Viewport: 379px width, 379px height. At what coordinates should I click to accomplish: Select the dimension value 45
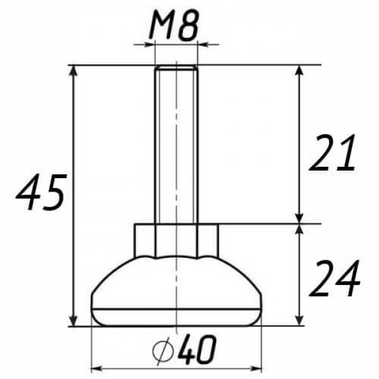pyautogui.click(x=40, y=192)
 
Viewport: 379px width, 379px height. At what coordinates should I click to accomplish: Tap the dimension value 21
pyautogui.click(x=332, y=153)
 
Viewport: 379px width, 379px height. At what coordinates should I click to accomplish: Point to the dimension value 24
pyautogui.click(x=335, y=278)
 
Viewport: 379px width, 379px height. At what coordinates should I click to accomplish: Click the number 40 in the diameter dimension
pyautogui.click(x=196, y=349)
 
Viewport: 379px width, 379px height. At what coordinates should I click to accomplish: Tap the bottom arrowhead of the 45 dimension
pyautogui.click(x=73, y=319)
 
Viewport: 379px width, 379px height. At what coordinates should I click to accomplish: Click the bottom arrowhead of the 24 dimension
pyautogui.click(x=299, y=319)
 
